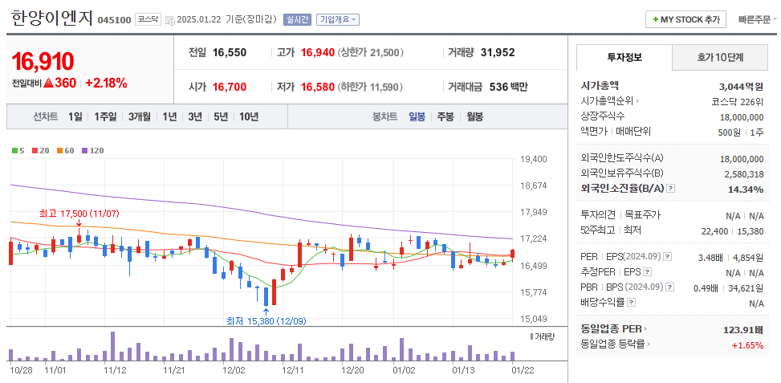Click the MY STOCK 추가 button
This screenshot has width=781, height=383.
pos(685,19)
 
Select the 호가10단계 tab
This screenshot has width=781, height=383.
pos(719,58)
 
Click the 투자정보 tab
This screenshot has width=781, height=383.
pos(624,58)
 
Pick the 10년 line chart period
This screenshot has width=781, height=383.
pos(248,117)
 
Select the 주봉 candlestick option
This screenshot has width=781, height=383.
pos(445,117)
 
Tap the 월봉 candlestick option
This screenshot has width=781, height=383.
pos(474,117)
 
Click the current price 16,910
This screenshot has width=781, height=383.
pos(43,62)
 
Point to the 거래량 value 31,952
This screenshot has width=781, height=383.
pos(498,53)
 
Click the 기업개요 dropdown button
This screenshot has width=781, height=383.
pos(338,19)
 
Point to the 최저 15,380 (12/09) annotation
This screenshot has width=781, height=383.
pos(266,321)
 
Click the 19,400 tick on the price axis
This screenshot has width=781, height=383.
pos(533,159)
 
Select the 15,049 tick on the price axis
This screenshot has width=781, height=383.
pos(533,319)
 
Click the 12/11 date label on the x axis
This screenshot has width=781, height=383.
pos(293,371)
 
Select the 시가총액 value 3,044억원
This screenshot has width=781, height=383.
pos(741,86)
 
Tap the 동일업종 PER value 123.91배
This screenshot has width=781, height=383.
pos(743,330)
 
